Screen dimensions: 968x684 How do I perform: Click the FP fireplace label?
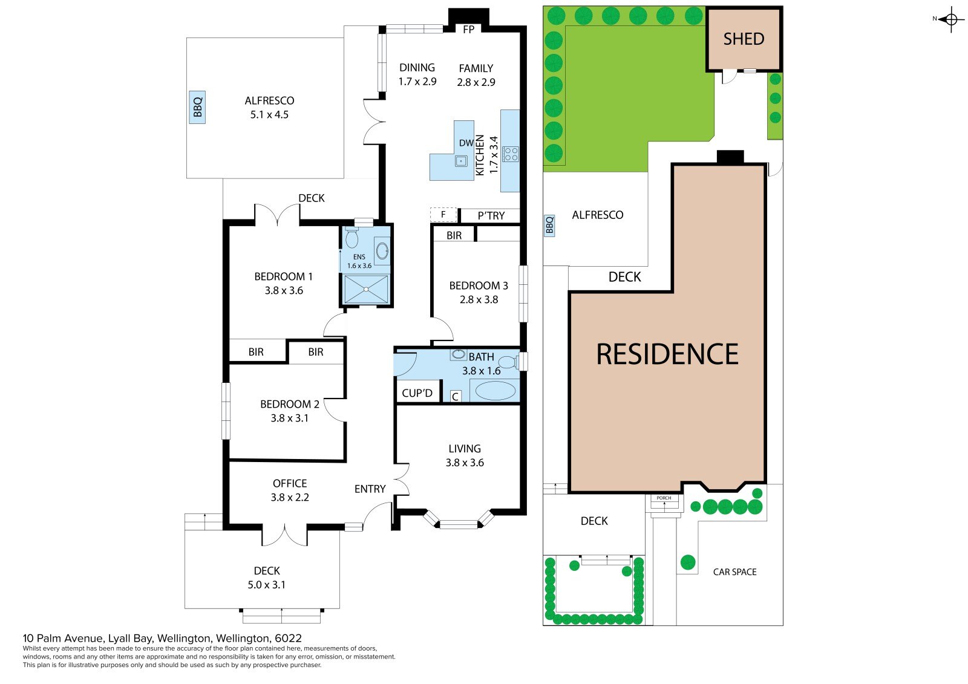pyautogui.click(x=468, y=30)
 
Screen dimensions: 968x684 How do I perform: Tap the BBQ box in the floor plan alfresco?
pyautogui.click(x=197, y=107)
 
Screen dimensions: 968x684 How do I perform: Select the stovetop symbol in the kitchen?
pyautogui.click(x=511, y=154)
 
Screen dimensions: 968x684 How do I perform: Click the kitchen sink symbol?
pyautogui.click(x=461, y=161)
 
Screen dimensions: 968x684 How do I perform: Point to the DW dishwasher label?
pyautogui.click(x=466, y=143)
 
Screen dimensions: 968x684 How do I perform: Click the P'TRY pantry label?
pyautogui.click(x=491, y=216)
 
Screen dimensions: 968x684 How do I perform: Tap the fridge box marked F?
pyautogui.click(x=443, y=214)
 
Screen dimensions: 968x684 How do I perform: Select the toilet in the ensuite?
pyautogui.click(x=352, y=237)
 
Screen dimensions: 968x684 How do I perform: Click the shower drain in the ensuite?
pyautogui.click(x=366, y=289)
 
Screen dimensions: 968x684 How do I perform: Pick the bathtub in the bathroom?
pyautogui.click(x=495, y=391)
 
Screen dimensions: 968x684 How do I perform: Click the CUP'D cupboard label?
pyautogui.click(x=417, y=393)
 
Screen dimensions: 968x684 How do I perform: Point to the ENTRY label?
pyautogui.click(x=370, y=489)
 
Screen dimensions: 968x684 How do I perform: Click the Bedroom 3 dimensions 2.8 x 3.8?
pyautogui.click(x=479, y=299)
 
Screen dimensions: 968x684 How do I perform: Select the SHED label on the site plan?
pyautogui.click(x=744, y=39)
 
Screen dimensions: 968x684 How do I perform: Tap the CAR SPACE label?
pyautogui.click(x=734, y=572)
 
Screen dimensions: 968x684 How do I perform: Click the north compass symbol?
pyautogui.click(x=951, y=19)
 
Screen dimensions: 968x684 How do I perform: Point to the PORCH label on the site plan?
pyautogui.click(x=664, y=498)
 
